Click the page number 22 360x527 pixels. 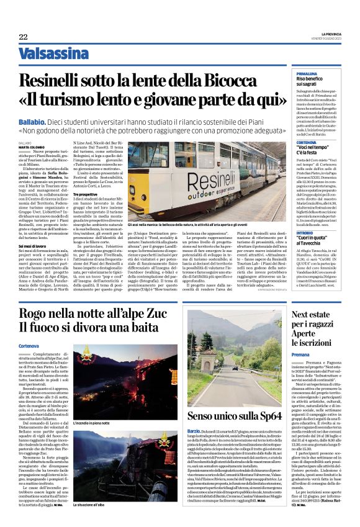coord(23,37)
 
